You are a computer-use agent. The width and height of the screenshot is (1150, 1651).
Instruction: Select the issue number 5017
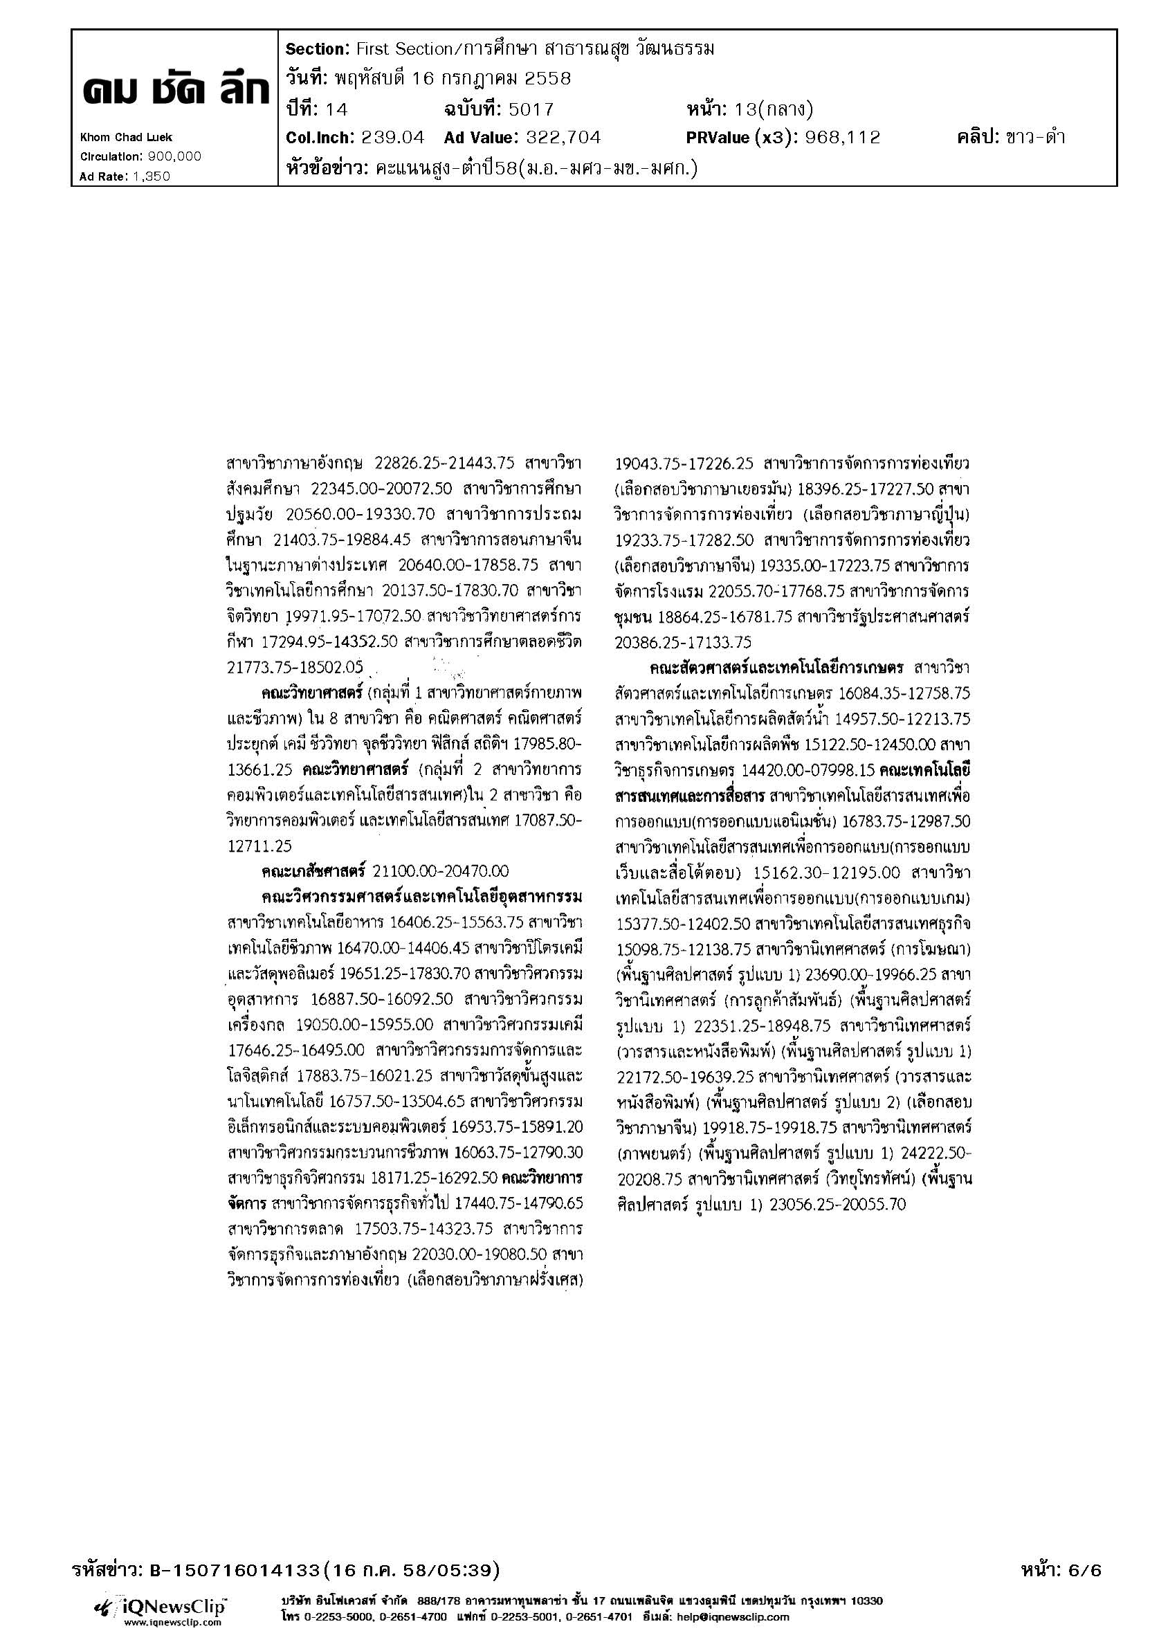531,109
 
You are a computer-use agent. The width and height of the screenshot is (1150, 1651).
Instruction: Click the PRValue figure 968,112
843,137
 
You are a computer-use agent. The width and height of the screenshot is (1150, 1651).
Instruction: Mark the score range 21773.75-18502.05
295,667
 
